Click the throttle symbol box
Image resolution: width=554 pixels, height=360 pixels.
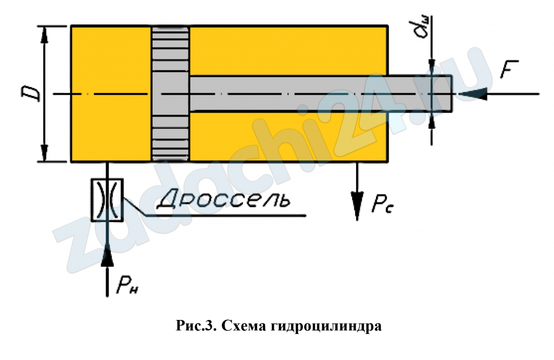pos(107,200)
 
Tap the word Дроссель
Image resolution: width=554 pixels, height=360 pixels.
pos(223,200)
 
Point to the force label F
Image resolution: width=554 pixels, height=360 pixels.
pos(509,69)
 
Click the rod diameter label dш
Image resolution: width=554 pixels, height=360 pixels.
pos(422,28)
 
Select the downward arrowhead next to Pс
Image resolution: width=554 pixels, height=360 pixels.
pos(357,206)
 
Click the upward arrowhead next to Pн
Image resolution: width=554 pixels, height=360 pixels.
pos(107,256)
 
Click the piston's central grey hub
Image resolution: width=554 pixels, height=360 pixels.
pos(170,94)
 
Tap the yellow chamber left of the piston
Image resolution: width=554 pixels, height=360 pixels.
pos(111,94)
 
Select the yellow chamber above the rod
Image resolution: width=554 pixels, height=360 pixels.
pos(289,51)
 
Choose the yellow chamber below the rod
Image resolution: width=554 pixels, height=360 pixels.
pos(289,137)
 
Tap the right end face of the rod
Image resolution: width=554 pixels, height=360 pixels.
pos(452,94)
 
